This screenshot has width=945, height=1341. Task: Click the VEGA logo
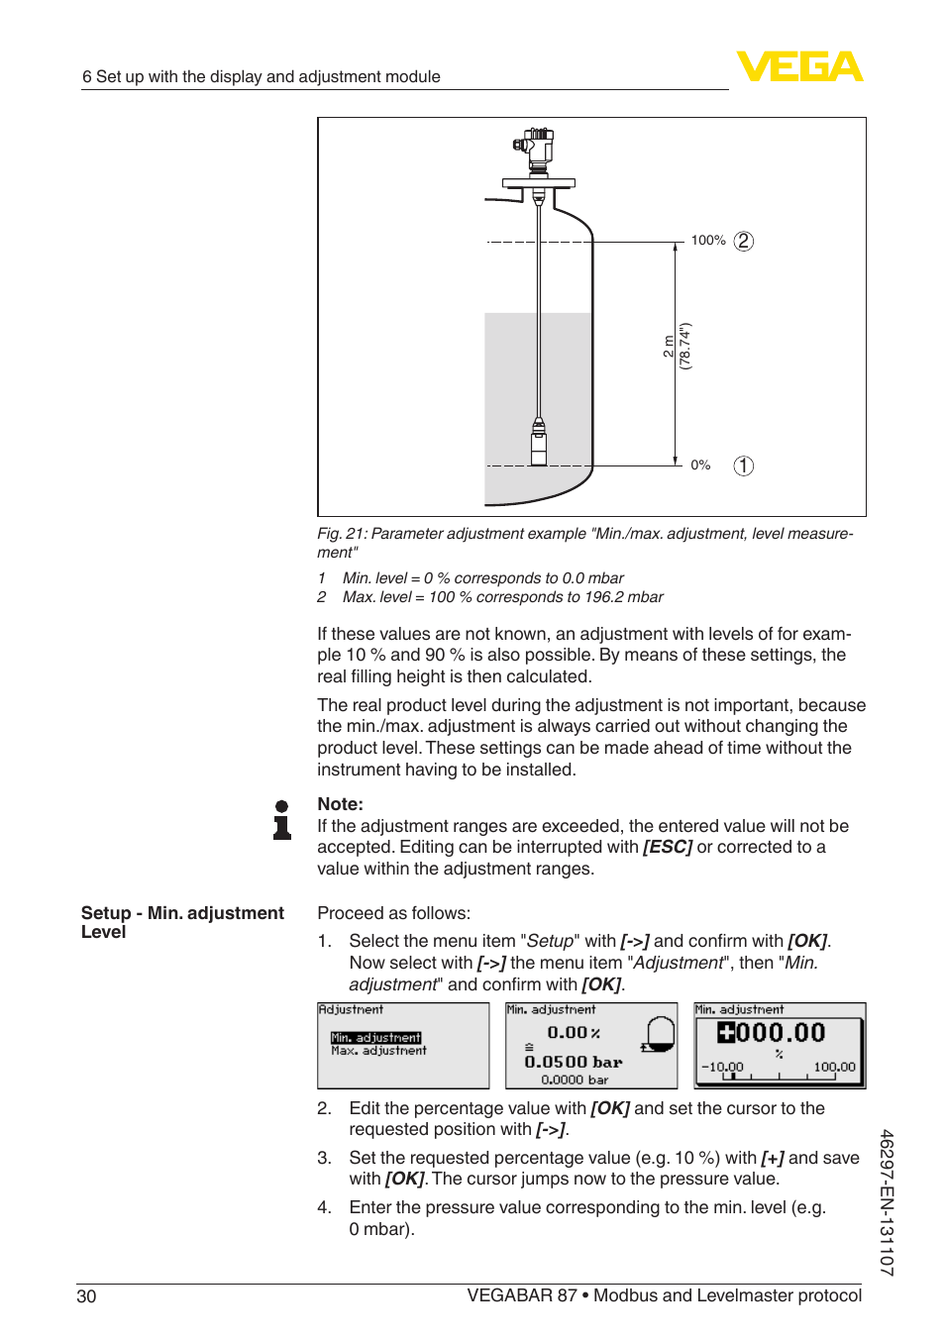[x=799, y=66]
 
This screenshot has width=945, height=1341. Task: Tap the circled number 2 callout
[x=743, y=241]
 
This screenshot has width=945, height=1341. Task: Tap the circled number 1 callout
[x=743, y=465]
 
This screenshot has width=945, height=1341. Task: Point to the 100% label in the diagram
[x=708, y=241]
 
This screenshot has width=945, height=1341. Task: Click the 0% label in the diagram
[x=700, y=465]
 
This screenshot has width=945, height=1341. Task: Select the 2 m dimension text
[x=669, y=347]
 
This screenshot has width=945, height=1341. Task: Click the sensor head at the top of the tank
[x=537, y=149]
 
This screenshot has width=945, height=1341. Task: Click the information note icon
[x=282, y=820]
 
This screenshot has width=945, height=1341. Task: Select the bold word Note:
[x=340, y=804]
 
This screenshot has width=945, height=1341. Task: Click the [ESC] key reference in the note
[x=667, y=847]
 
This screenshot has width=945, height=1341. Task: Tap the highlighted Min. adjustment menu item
[x=375, y=1038]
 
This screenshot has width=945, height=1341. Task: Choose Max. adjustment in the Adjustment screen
[x=378, y=1051]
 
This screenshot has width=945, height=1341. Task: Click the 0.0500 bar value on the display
[x=573, y=1062]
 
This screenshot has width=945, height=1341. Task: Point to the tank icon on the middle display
[x=658, y=1034]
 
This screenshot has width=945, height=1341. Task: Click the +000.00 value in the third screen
[x=771, y=1033]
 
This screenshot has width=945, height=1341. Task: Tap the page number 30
[x=86, y=1296]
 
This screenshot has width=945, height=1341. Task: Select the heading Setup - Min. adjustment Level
[x=182, y=922]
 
